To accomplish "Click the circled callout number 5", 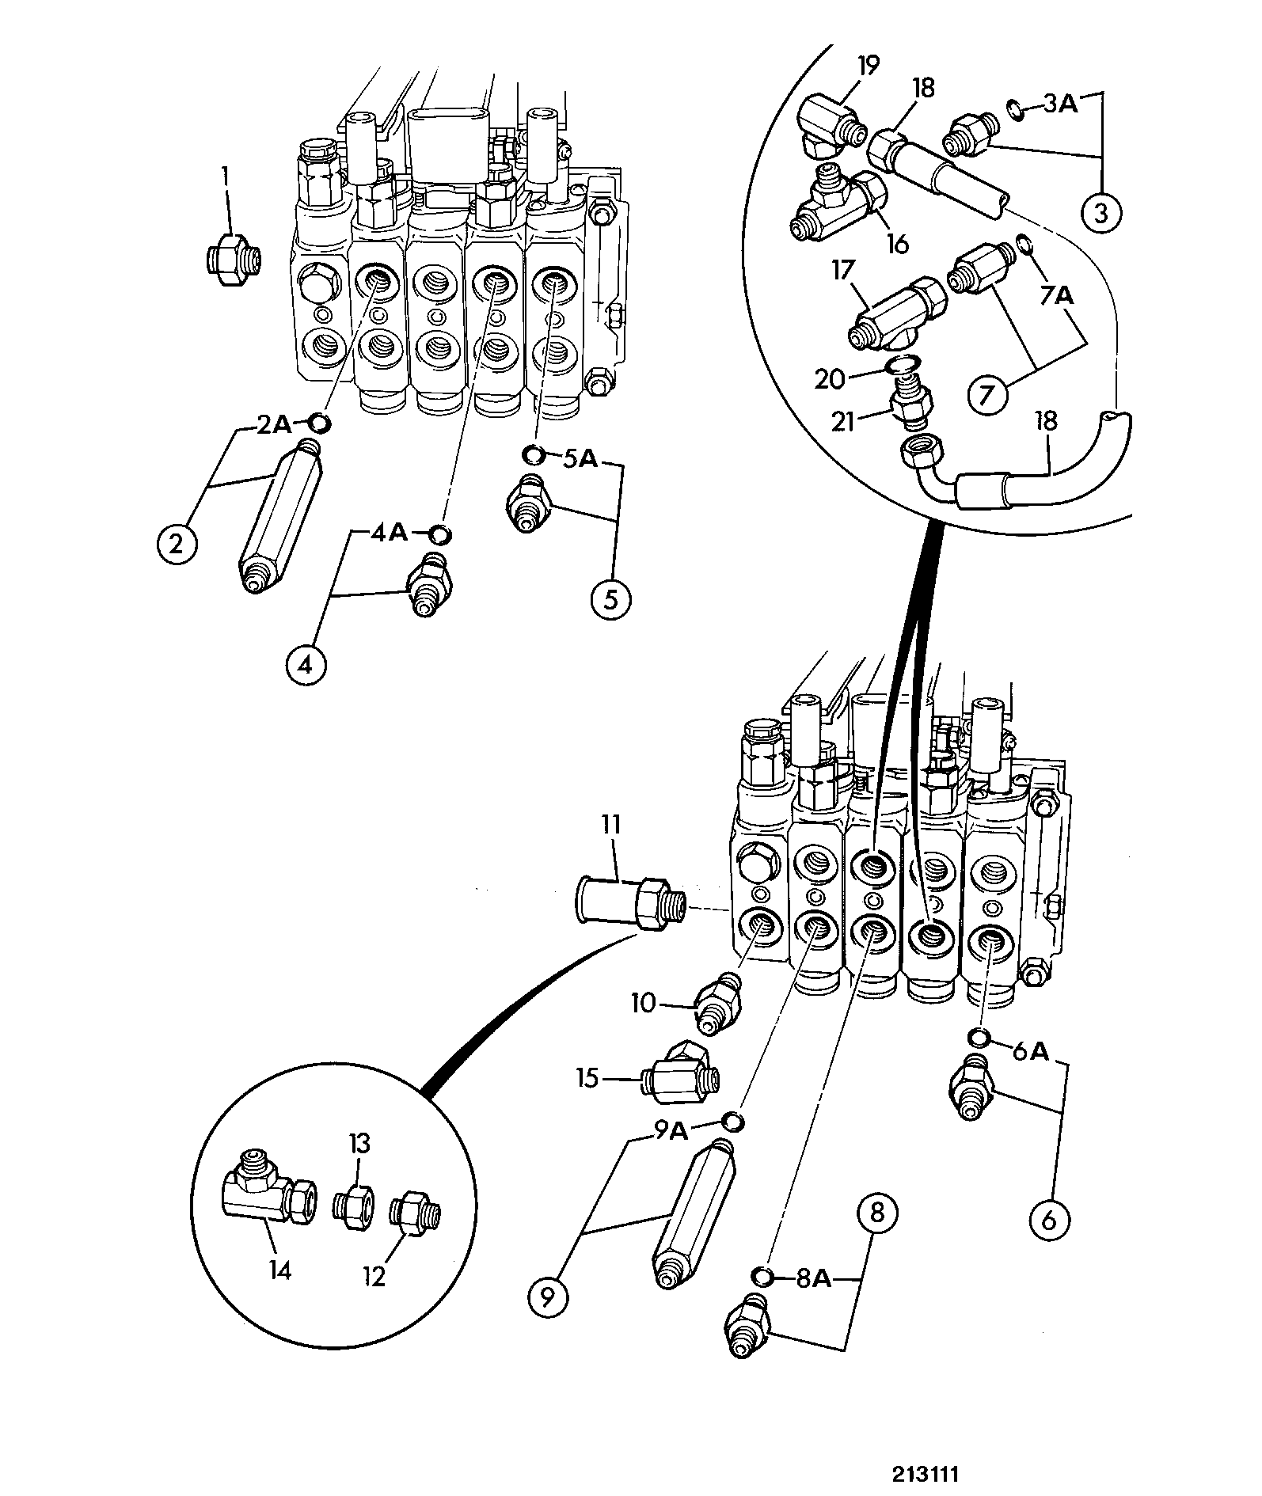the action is pos(610,599).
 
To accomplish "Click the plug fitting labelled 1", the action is pos(233,258).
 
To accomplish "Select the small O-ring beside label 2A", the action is pos(319,423).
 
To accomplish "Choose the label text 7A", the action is pos(1055,296).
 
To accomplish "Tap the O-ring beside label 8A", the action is pos(762,1275).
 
